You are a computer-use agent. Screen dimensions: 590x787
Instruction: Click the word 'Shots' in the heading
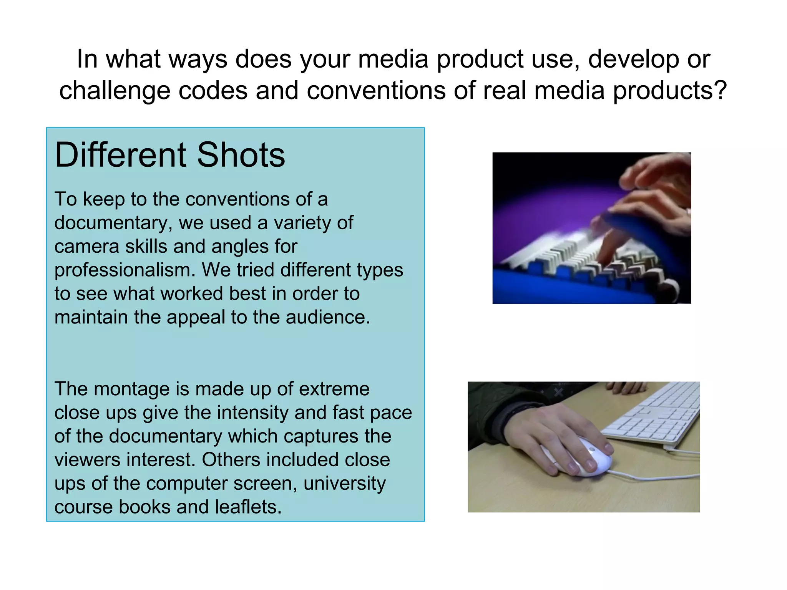tap(241, 155)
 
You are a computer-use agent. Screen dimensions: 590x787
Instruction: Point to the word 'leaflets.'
tap(248, 507)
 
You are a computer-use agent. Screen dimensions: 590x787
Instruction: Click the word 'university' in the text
tap(344, 483)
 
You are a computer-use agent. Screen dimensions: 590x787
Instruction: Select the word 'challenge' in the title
tap(115, 91)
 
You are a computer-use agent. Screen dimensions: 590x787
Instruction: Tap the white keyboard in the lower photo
tap(653, 415)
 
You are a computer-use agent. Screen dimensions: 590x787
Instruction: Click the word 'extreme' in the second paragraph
tap(334, 389)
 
